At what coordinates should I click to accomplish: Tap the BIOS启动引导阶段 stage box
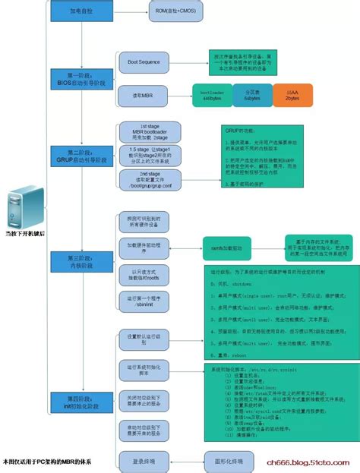82,79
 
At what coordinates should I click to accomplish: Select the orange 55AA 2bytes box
292,96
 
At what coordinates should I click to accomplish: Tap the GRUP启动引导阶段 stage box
82,156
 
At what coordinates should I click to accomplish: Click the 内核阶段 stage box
82,262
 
